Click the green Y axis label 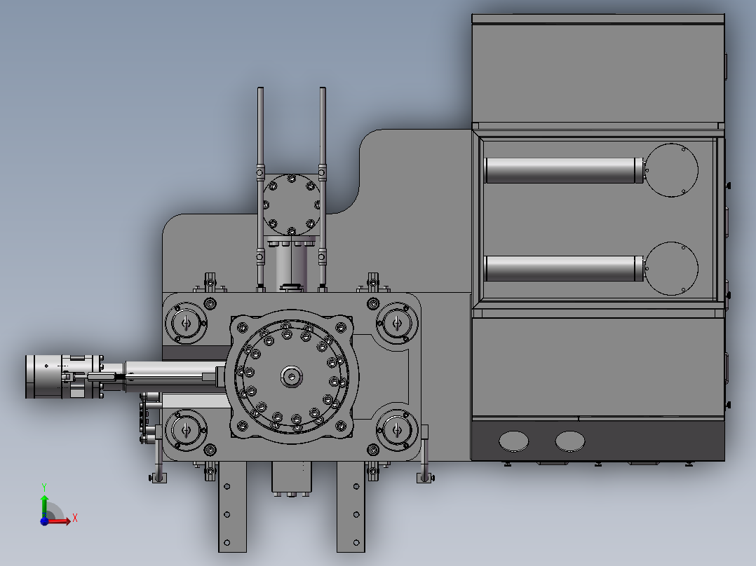[x=44, y=488]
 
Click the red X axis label [x=75, y=518]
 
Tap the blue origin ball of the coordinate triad [x=44, y=521]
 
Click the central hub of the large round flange [x=292, y=377]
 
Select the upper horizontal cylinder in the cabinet [x=564, y=170]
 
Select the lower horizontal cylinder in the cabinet [x=564, y=268]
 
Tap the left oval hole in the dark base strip [x=513, y=441]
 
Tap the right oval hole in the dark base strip [x=570, y=441]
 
